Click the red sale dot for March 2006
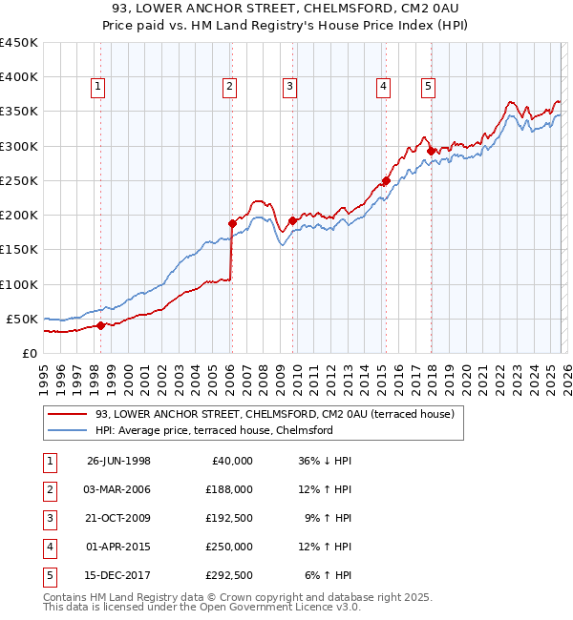tap(232, 223)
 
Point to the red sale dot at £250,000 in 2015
tap(386, 180)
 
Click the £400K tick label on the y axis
tap(19, 77)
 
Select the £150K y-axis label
tap(19, 249)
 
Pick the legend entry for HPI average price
tap(213, 430)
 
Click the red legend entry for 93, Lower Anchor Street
tap(252, 414)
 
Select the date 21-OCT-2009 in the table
tap(118, 518)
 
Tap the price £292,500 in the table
tap(229, 575)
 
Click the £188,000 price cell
tap(229, 489)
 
